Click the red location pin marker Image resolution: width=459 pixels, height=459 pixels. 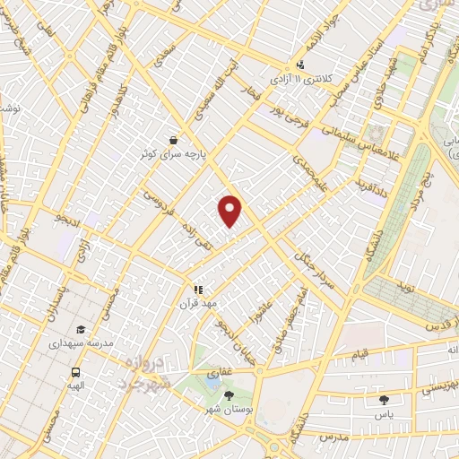pyautogui.click(x=230, y=210)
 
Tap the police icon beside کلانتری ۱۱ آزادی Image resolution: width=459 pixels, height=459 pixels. pyautogui.click(x=301, y=65)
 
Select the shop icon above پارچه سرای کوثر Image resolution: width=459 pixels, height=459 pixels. pyautogui.click(x=172, y=140)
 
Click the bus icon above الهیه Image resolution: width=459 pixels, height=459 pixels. pyautogui.click(x=75, y=371)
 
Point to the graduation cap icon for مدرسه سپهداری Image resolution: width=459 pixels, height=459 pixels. pyautogui.click(x=82, y=330)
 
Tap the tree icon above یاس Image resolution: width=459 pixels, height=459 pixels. pyautogui.click(x=385, y=400)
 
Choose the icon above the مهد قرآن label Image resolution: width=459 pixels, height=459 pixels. pyautogui.click(x=198, y=290)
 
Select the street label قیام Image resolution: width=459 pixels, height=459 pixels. pyautogui.click(x=359, y=356)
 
